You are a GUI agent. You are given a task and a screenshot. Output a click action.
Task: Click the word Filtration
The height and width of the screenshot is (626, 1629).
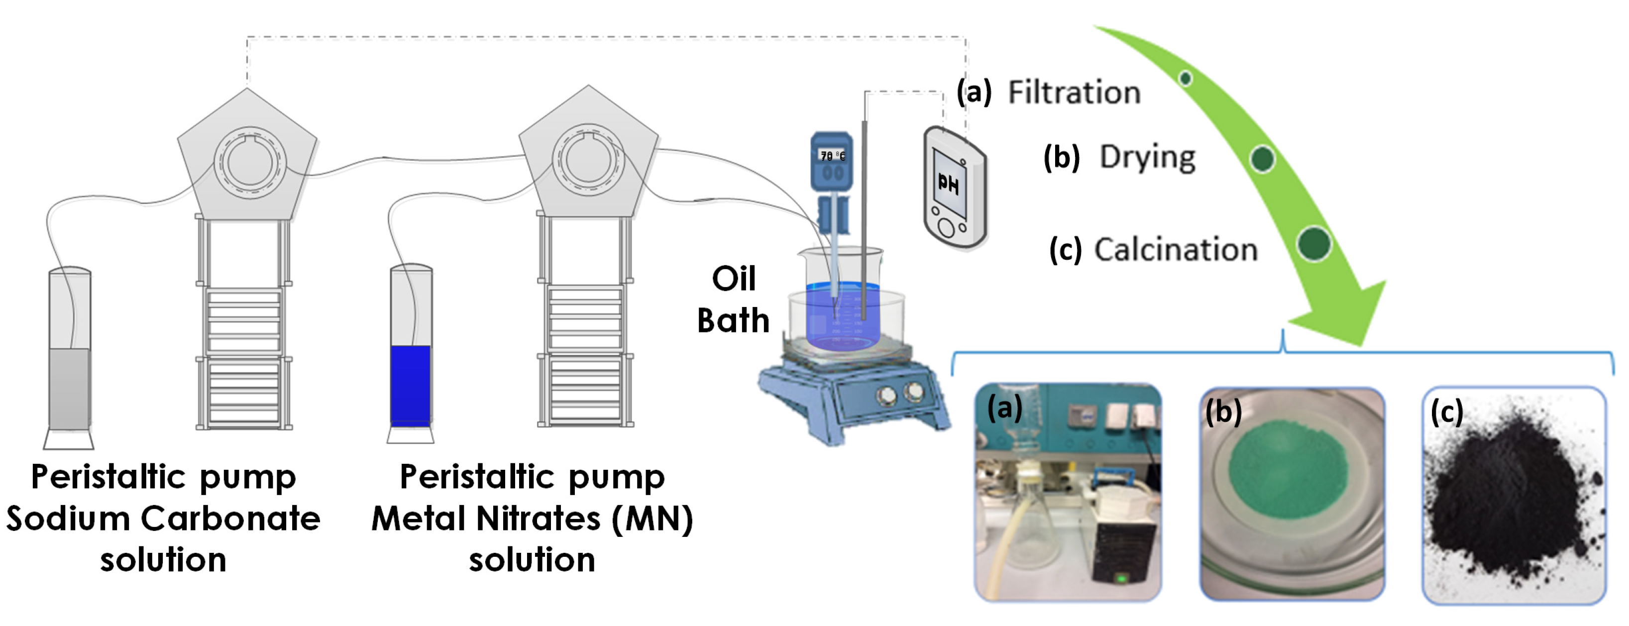[1074, 93]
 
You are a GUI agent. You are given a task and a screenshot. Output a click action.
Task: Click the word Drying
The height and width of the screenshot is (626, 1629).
[1147, 157]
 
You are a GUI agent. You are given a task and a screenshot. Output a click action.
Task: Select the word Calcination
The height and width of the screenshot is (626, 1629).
[1176, 250]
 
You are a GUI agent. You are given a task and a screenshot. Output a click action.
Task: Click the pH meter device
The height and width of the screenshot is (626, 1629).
[954, 187]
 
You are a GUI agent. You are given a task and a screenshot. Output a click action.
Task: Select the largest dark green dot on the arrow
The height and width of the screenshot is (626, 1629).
[1313, 244]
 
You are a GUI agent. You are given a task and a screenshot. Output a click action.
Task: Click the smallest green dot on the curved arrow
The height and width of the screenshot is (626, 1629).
[1186, 78]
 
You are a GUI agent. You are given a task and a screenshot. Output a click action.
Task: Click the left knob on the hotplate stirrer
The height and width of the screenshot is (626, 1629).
[885, 397]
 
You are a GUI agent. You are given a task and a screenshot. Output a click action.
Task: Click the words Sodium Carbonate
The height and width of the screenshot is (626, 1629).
[163, 519]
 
